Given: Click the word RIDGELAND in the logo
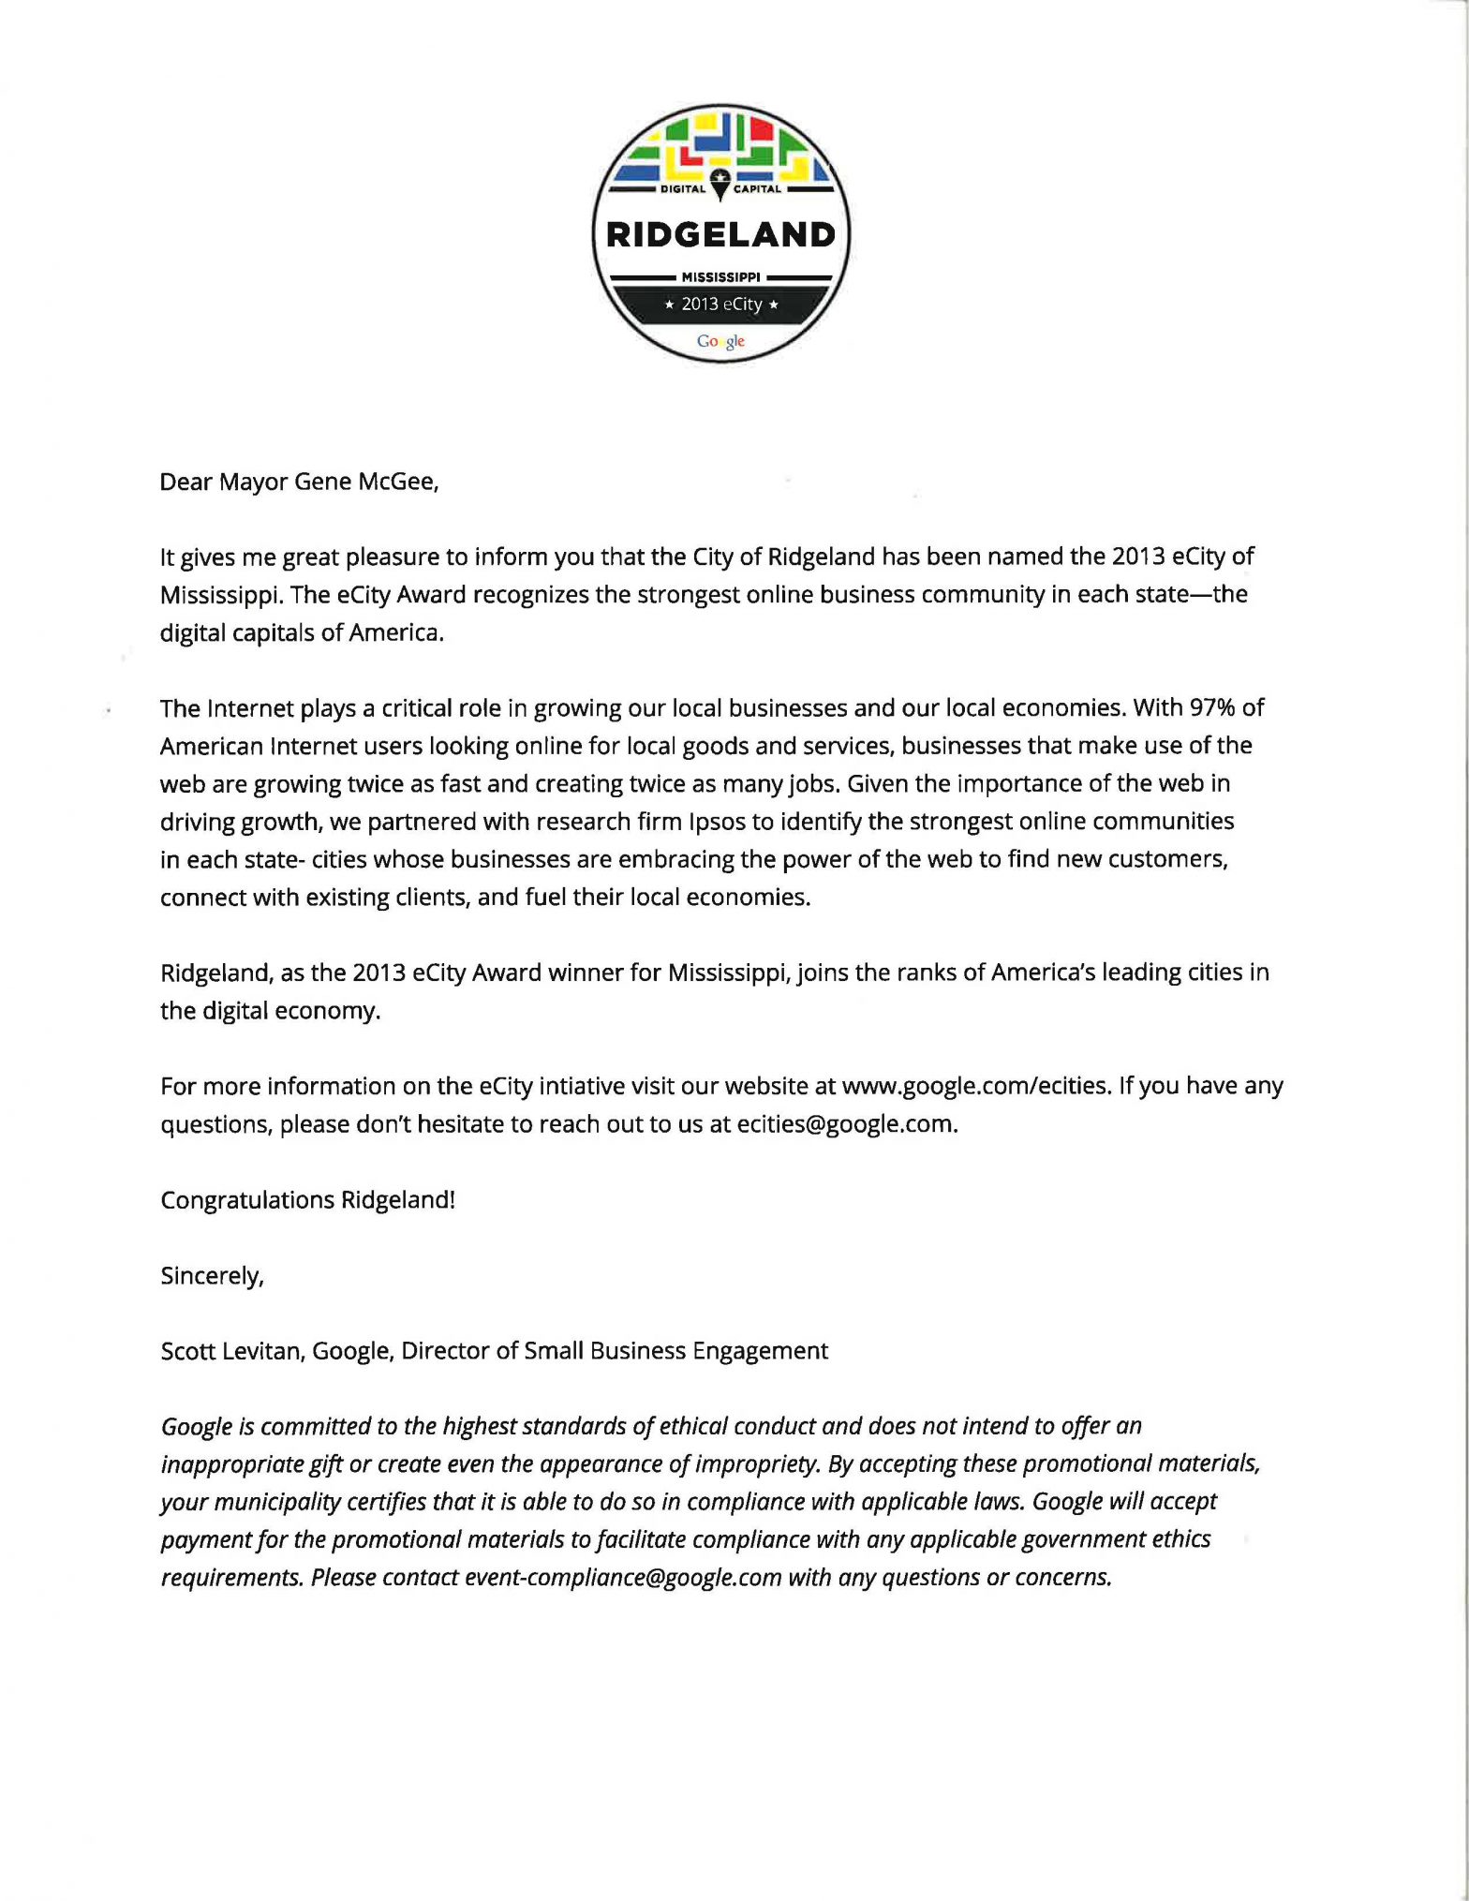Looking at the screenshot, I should [x=720, y=234].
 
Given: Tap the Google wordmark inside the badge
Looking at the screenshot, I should [x=720, y=341].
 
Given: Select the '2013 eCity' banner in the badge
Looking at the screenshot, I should [x=720, y=304].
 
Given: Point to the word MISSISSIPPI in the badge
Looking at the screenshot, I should [x=720, y=277].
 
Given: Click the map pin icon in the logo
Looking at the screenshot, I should [x=720, y=184].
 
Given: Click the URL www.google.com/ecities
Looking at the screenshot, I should [x=975, y=1086].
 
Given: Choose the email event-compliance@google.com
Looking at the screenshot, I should [x=623, y=1578].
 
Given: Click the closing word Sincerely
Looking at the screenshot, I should [x=212, y=1276].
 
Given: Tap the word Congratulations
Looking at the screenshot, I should [x=247, y=1200].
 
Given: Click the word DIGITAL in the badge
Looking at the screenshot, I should [x=683, y=189].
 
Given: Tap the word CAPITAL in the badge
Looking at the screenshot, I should [x=757, y=189].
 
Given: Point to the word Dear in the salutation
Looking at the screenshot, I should [x=185, y=482].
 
